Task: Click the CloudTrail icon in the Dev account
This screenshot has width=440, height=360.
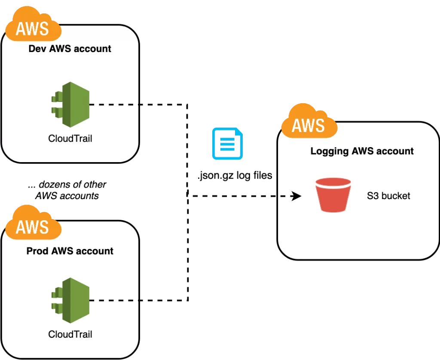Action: pos(70,105)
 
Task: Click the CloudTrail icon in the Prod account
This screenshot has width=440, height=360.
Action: pos(70,300)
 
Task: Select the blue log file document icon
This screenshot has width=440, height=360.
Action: pos(227,144)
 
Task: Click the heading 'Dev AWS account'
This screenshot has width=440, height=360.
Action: pos(70,49)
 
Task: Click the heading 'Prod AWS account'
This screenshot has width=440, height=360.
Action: pos(70,251)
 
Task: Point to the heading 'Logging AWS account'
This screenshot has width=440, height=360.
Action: pos(362,151)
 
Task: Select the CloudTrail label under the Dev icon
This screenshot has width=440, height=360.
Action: pos(70,139)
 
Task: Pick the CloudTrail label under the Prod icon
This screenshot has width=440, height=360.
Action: pos(70,334)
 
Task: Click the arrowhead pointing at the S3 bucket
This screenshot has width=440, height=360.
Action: pos(296,196)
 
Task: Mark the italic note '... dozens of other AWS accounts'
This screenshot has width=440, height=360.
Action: pos(67,190)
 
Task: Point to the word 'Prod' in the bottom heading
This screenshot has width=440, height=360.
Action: pos(37,251)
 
